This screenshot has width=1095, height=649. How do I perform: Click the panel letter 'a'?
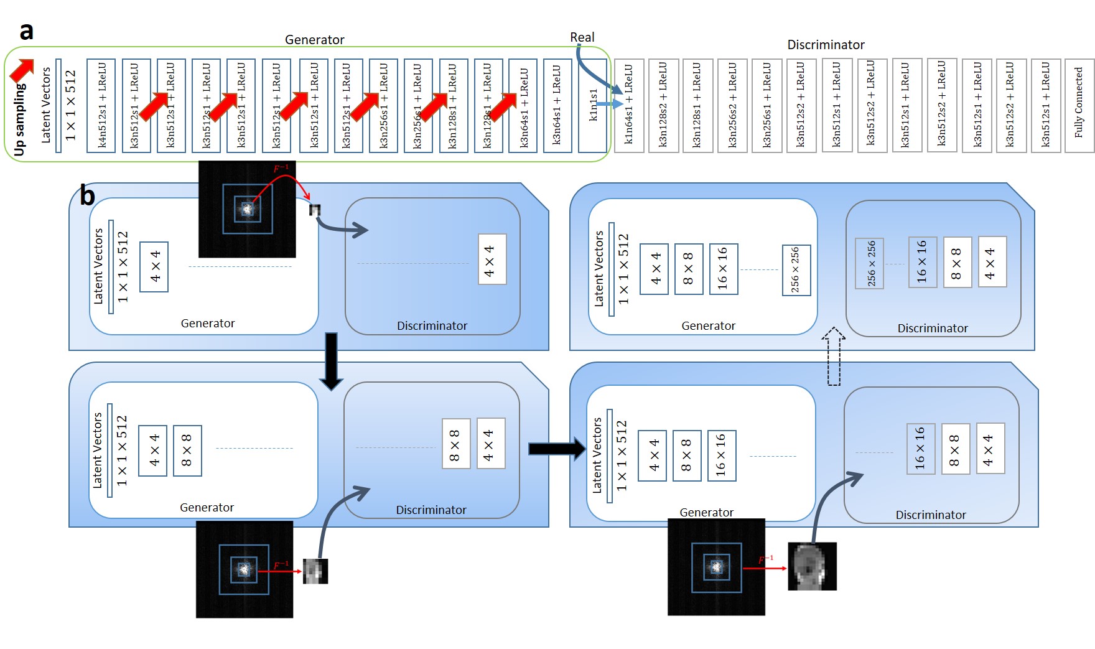[x=26, y=31]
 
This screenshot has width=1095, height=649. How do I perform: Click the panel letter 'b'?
[x=87, y=195]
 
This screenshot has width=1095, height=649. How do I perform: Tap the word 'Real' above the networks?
[x=582, y=37]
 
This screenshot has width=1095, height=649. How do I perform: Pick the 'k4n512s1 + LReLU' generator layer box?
[x=101, y=105]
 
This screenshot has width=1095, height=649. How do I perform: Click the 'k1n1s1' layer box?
[x=592, y=105]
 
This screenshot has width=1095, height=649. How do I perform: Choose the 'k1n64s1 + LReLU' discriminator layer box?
[x=628, y=105]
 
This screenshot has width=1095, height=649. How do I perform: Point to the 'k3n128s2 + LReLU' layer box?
[x=663, y=105]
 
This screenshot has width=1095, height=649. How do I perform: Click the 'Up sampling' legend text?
[x=20, y=118]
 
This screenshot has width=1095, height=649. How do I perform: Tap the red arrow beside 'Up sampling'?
[x=22, y=70]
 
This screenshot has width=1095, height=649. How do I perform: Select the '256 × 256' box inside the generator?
[x=796, y=270]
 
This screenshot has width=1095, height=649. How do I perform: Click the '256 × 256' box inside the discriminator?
[x=870, y=263]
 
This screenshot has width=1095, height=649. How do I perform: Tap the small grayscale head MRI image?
[x=812, y=566]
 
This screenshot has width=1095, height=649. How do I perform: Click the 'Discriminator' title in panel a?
[x=826, y=45]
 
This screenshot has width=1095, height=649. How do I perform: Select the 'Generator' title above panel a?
[x=314, y=40]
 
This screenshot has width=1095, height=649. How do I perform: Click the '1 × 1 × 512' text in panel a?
[x=70, y=105]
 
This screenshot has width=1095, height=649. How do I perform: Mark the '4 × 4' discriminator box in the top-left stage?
[x=492, y=259]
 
